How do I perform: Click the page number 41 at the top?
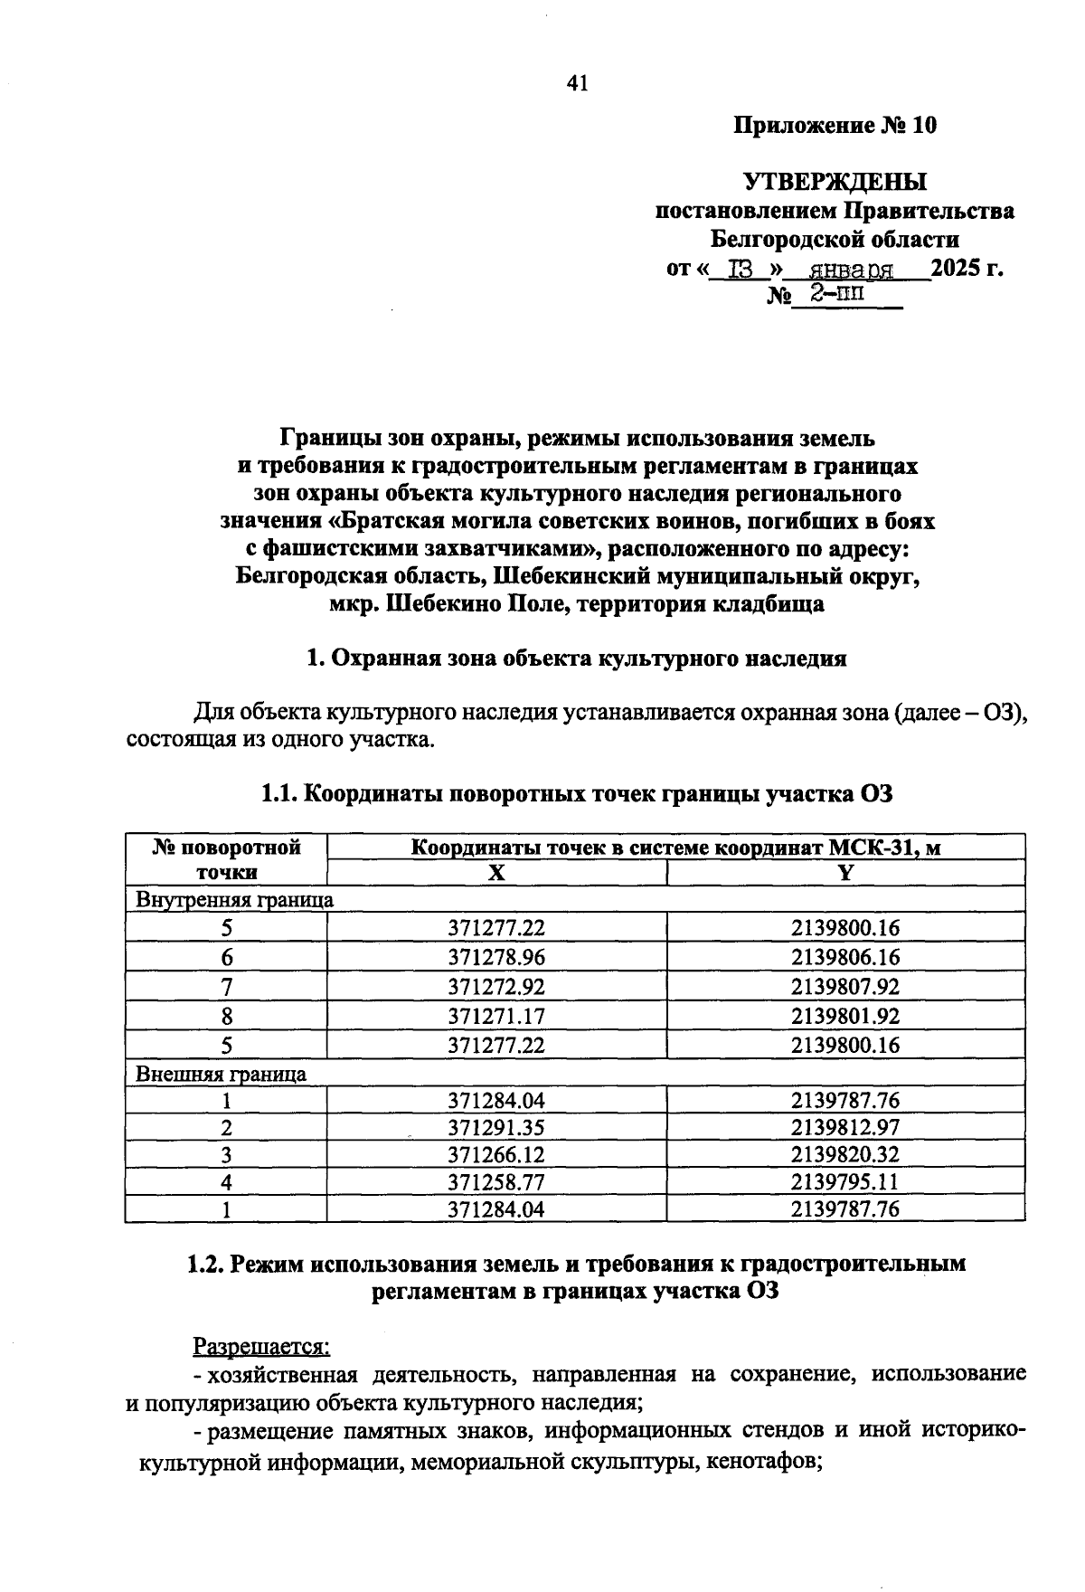pos(577,84)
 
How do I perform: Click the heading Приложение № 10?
pos(835,126)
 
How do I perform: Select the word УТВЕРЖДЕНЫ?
pos(835,182)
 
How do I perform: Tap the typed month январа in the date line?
pos(851,270)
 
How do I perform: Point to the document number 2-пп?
pos(835,294)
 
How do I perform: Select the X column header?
pos(496,872)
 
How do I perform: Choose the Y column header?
pos(845,872)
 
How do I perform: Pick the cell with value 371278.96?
pos(496,957)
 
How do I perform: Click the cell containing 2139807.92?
pos(845,986)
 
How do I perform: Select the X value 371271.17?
pos(496,1015)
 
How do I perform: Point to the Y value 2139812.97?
pos(845,1128)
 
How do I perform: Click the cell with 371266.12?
pos(496,1155)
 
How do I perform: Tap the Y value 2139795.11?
pos(845,1182)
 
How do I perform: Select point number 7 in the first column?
pos(226,986)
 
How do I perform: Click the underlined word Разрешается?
pos(262,1347)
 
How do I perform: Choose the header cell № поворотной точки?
pos(226,859)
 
